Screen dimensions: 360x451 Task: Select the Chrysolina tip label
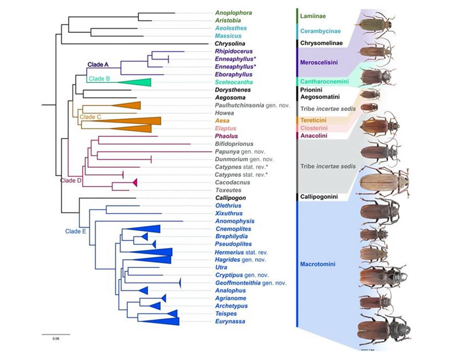pos(230,44)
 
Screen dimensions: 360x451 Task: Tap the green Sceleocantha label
pos(232,82)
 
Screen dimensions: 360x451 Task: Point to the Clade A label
pos(98,65)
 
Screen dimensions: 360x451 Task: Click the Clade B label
pos(99,79)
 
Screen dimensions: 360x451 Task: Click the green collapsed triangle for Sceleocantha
pos(138,82)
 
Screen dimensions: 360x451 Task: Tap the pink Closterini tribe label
pos(318,128)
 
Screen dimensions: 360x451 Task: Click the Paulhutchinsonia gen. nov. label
pos(246,105)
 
